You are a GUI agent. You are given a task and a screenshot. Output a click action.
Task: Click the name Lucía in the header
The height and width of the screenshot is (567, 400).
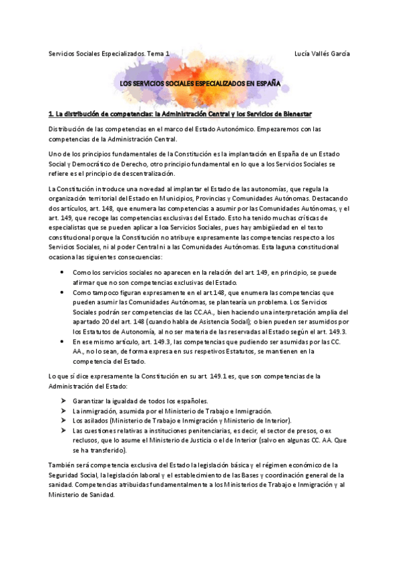point(304,53)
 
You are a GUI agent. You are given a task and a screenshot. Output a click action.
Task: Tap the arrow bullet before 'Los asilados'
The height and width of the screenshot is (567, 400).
point(62,421)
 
